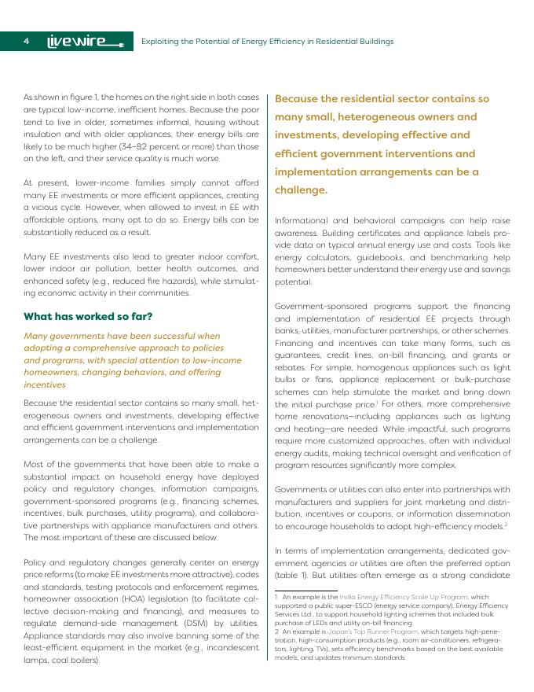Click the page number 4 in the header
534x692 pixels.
(27, 41)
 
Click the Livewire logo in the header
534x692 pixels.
(81, 41)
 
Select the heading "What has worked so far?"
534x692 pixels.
(88, 317)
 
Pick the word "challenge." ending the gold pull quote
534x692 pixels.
(301, 190)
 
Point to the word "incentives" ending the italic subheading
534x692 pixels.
(45, 385)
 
